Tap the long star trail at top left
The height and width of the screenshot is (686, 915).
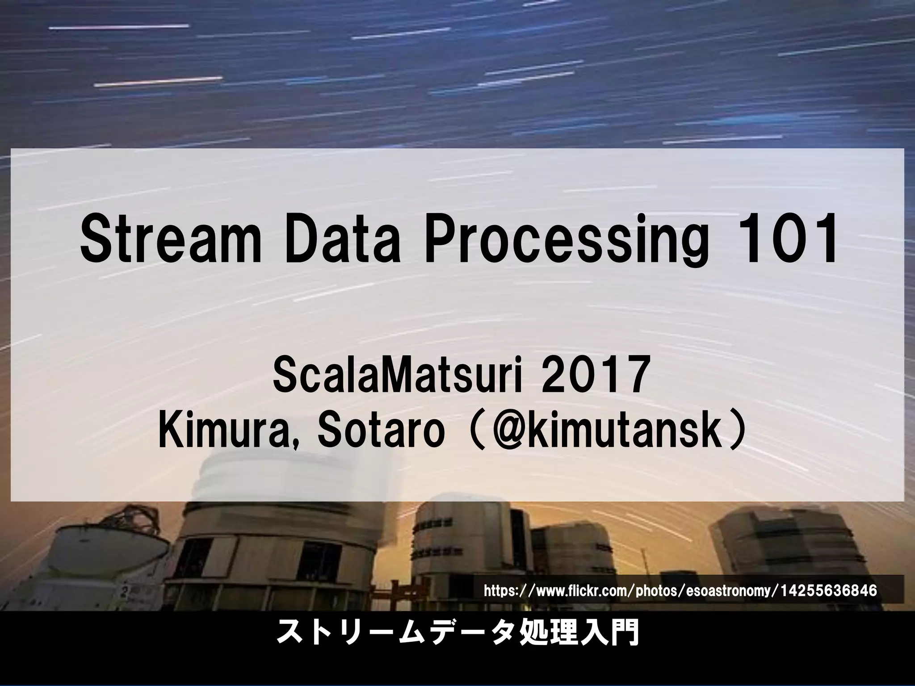pyautogui.click(x=118, y=27)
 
